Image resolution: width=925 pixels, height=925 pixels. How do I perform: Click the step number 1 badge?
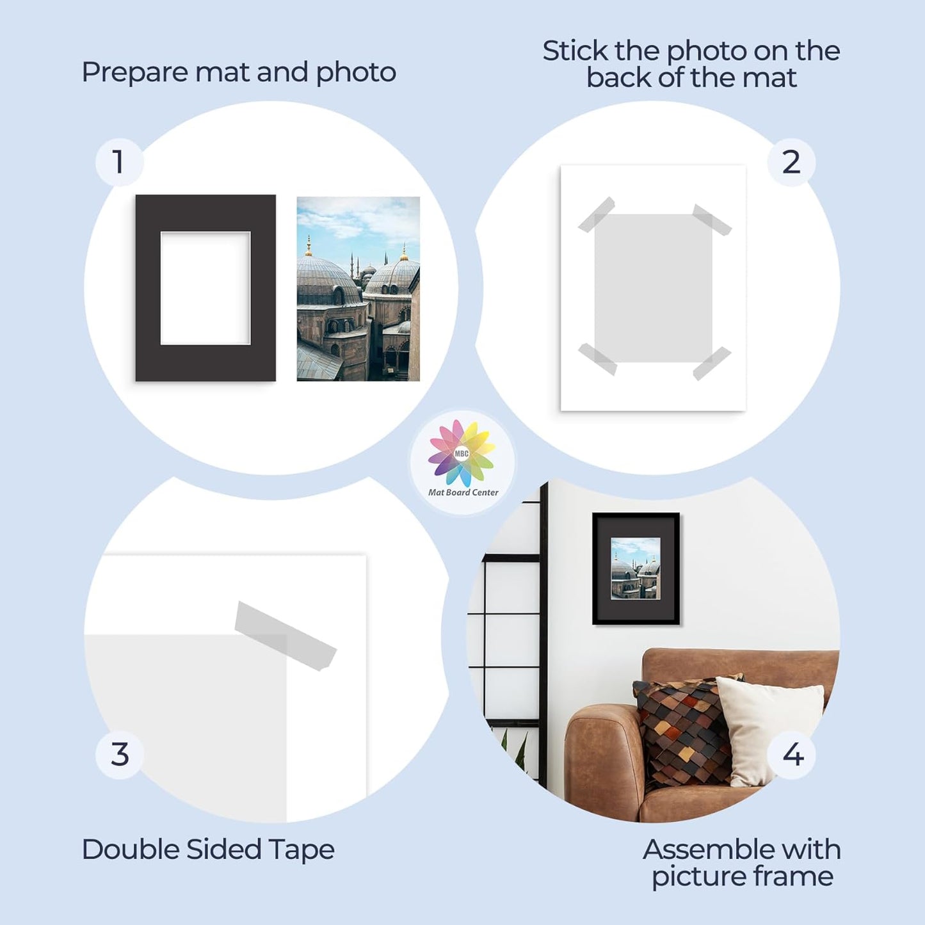click(118, 162)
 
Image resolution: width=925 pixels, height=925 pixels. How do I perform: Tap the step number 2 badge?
click(791, 162)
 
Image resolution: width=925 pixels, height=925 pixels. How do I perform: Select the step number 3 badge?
click(120, 754)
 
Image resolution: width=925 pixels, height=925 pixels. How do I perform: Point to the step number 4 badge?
click(792, 754)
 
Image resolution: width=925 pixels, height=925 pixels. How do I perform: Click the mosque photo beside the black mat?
click(358, 289)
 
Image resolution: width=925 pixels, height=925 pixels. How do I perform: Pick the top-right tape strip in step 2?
click(712, 220)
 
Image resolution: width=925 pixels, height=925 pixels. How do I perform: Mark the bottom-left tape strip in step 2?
click(597, 359)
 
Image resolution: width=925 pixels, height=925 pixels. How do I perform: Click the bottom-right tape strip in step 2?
click(712, 363)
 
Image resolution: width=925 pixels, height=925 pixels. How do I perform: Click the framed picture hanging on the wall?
click(636, 568)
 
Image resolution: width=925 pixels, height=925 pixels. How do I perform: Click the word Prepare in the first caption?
click(134, 72)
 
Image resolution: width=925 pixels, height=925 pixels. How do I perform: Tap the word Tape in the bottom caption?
click(302, 849)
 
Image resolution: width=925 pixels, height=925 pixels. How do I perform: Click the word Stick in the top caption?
click(575, 51)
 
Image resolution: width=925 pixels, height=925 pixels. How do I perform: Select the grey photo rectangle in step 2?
click(653, 288)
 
